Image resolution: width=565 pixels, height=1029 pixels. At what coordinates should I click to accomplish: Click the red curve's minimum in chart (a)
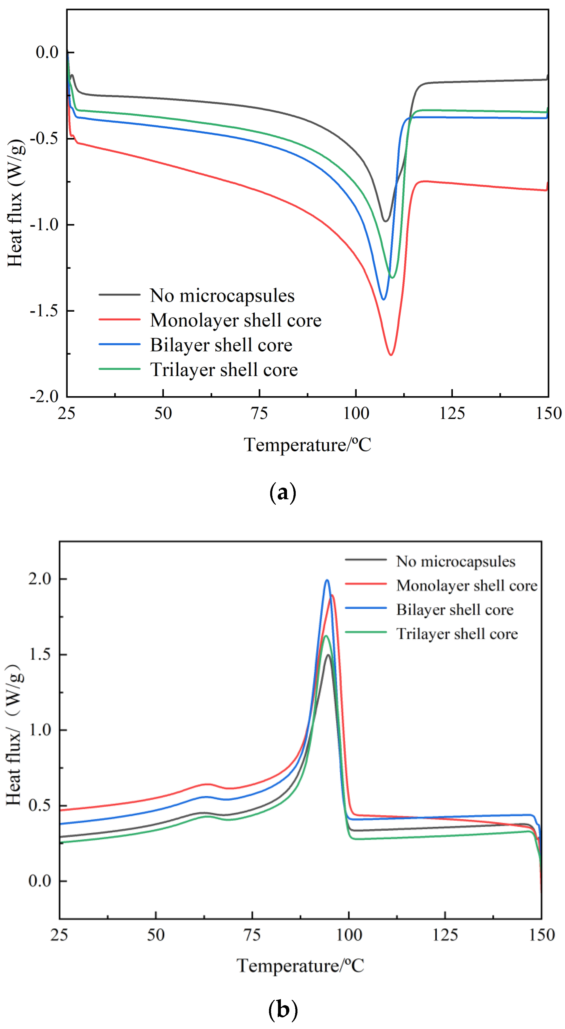(x=391, y=355)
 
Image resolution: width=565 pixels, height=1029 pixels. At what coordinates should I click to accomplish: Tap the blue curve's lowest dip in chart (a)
(x=383, y=299)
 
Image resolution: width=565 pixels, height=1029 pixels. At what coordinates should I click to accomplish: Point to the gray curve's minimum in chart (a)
(x=385, y=221)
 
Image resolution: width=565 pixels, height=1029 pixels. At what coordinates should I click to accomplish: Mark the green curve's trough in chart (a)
(x=392, y=278)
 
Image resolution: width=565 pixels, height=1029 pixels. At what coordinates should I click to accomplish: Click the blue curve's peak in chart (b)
(x=327, y=580)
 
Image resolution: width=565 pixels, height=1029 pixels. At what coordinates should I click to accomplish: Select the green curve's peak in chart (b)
(x=326, y=635)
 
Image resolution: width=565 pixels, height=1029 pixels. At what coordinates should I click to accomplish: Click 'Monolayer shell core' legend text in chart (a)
(x=235, y=320)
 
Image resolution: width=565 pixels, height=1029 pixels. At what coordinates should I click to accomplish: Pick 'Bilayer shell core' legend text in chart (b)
(x=455, y=610)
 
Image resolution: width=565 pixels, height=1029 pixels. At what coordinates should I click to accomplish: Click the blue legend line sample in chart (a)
(x=119, y=344)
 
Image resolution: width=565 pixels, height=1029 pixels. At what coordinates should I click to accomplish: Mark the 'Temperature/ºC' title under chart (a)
(x=307, y=445)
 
